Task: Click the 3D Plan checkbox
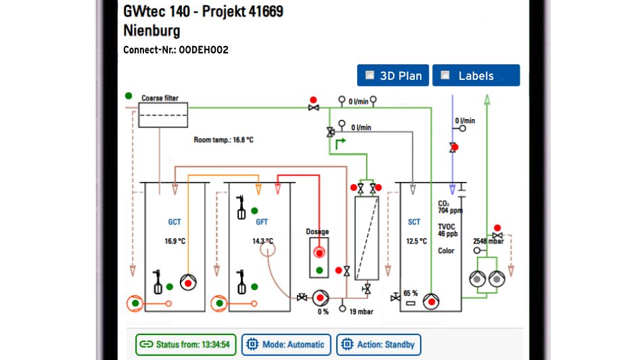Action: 369,75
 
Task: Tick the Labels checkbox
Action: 445,75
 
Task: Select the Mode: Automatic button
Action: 286,344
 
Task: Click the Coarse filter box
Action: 163,115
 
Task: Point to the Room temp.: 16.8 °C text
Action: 223,141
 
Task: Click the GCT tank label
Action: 175,222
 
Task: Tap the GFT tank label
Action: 261,222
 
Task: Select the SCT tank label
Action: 414,222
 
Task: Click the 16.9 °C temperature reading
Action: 175,241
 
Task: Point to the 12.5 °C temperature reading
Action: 416,241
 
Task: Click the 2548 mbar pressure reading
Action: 488,241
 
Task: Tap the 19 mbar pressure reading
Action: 362,312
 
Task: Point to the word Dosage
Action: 317,232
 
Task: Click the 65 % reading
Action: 410,293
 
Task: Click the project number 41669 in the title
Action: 258,12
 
